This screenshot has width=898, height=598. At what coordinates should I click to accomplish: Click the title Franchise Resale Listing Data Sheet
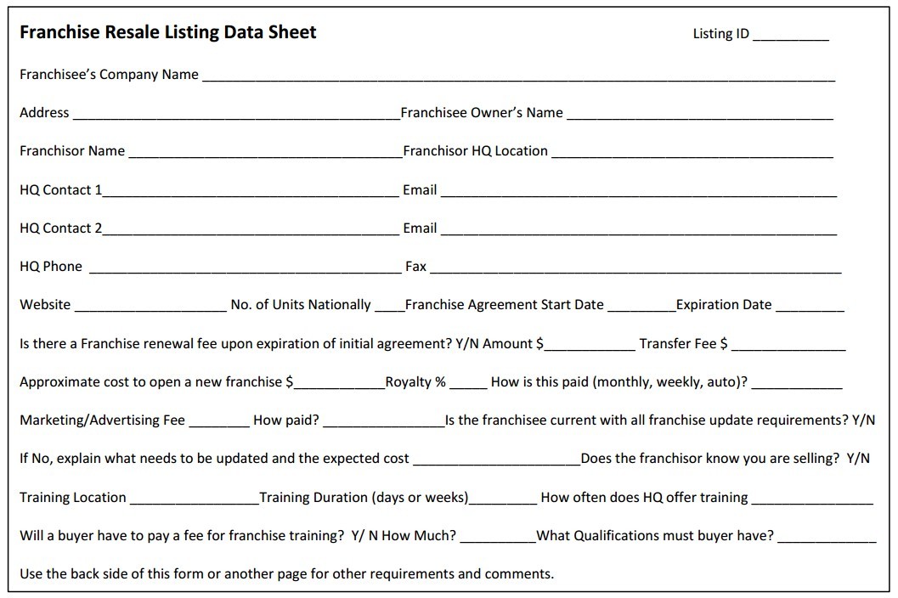pos(167,32)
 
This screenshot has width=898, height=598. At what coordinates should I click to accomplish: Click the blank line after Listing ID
pos(790,37)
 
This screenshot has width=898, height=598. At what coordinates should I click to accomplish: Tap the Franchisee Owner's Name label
pos(482,112)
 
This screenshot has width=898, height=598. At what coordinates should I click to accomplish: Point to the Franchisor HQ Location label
pos(476,151)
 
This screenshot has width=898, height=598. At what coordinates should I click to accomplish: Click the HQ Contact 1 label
pos(60,190)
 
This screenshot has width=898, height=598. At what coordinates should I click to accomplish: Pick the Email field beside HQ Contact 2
pos(638,230)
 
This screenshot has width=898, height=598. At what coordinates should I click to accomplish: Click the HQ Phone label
pos(51,267)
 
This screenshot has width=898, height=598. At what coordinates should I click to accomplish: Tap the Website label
pos(45,305)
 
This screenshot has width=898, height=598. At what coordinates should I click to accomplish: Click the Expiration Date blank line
pos(810,307)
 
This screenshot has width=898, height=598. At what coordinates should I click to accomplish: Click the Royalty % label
pos(415,382)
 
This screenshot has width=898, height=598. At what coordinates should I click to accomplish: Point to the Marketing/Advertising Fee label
pos(102,420)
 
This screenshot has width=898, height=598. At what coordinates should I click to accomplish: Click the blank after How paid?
pos(383,423)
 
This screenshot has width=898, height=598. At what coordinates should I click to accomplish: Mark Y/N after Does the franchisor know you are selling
pos(858,459)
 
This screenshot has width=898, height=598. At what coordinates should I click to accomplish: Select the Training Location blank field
pos(194,500)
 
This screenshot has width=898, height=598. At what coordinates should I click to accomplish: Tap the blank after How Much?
pos(497,539)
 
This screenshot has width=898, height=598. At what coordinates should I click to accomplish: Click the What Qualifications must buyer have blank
pos(827,539)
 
